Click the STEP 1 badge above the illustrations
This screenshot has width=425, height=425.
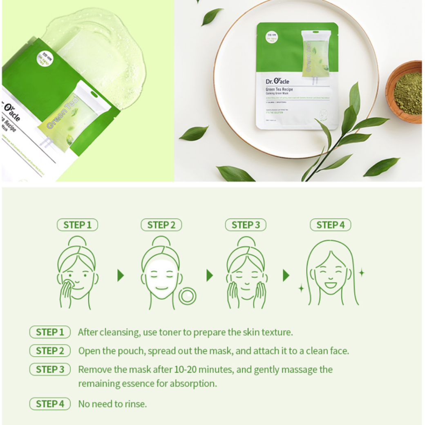(x=78, y=225)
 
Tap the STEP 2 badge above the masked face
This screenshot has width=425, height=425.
(x=161, y=225)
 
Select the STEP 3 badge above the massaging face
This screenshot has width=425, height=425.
(x=246, y=225)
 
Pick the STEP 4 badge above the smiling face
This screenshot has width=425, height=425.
(x=330, y=225)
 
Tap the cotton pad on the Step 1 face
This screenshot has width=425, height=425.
(x=68, y=282)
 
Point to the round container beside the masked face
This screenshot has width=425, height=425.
(x=187, y=295)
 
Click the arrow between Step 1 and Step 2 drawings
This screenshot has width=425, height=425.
(x=121, y=275)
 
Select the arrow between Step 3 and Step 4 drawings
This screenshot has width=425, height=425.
(x=286, y=275)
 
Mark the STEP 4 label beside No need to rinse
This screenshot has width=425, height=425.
(x=50, y=404)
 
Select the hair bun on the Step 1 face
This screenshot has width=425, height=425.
(x=77, y=242)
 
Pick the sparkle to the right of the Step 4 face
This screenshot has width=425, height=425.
(x=361, y=273)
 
